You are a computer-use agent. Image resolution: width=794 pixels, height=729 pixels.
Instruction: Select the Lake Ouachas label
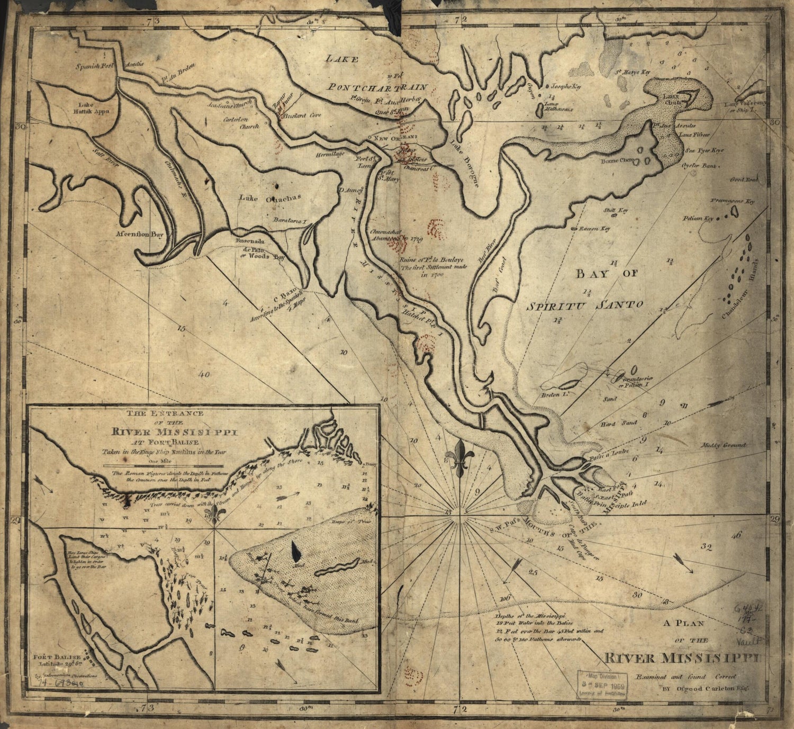(269, 198)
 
